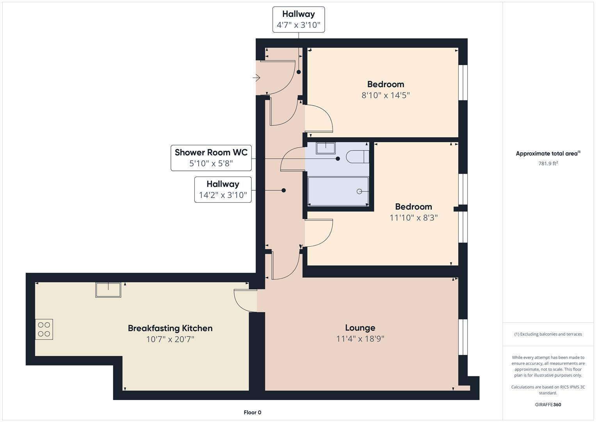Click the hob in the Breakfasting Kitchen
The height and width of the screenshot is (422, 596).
(x=44, y=329)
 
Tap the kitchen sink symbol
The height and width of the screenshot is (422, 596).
(x=108, y=290)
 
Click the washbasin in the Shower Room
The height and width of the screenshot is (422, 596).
(x=326, y=148)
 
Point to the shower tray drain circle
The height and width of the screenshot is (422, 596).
(x=359, y=191)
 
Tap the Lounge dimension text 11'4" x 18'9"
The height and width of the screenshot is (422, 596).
(x=360, y=339)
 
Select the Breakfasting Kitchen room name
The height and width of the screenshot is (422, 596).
(x=170, y=328)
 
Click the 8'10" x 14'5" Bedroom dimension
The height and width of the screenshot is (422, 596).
(x=385, y=95)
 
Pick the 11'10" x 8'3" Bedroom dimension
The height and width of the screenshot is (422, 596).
(x=413, y=218)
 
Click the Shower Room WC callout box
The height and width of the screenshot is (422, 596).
(x=211, y=158)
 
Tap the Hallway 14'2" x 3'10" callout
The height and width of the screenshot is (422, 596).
(x=223, y=190)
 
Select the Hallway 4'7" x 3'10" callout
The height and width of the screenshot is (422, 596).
(x=298, y=20)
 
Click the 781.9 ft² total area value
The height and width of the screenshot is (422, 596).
(x=548, y=164)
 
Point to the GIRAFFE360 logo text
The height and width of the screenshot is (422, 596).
(x=548, y=405)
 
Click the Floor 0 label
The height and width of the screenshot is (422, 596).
(x=252, y=413)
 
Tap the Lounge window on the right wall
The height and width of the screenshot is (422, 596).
(x=463, y=337)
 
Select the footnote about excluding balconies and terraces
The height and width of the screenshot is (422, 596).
(x=548, y=334)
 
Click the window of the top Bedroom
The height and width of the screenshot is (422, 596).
(x=463, y=82)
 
